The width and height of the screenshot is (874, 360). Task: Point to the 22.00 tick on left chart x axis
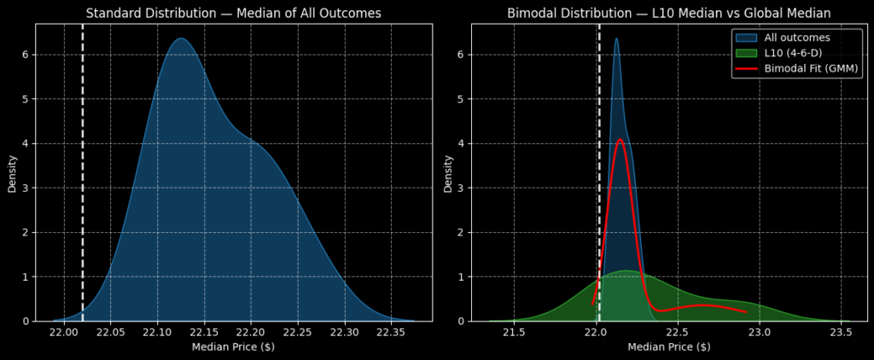pos(64,332)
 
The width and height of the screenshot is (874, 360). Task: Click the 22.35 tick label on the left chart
pos(391,332)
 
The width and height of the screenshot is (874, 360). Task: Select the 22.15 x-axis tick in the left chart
pos(204,332)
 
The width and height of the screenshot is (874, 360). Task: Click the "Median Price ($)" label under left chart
pos(232,347)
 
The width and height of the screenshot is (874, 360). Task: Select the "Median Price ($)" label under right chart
pos(668,347)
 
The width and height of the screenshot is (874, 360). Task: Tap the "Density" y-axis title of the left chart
pos(12,172)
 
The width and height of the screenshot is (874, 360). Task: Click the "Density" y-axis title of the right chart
pos(448,172)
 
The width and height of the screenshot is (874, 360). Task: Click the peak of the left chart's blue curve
pos(180,38)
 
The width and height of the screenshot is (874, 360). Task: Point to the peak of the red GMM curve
pos(620,139)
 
